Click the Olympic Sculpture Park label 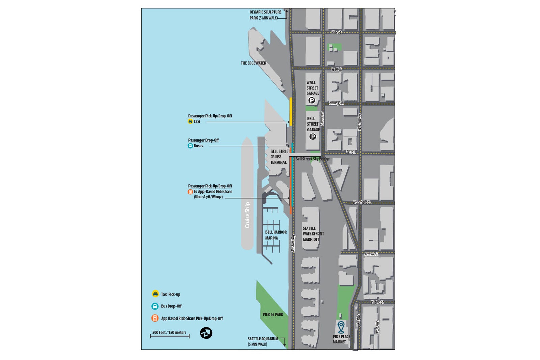(x=265, y=15)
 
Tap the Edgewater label (x=253, y=63)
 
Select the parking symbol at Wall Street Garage (x=312, y=100)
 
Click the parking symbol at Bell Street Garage (x=313, y=137)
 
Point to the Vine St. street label (x=336, y=32)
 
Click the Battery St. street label (x=336, y=103)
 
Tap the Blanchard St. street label (x=362, y=202)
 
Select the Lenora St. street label (x=371, y=254)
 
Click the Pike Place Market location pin (x=341, y=327)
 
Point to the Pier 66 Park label (x=273, y=314)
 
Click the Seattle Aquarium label (x=263, y=341)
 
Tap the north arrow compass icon (x=206, y=333)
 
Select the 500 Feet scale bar (x=169, y=335)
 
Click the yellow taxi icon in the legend (x=155, y=294)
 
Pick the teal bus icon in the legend (x=155, y=306)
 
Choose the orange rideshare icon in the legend (x=155, y=318)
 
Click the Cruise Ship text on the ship (x=247, y=215)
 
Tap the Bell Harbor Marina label (x=275, y=235)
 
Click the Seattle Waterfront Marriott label (x=313, y=233)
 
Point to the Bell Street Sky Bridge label (x=313, y=159)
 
